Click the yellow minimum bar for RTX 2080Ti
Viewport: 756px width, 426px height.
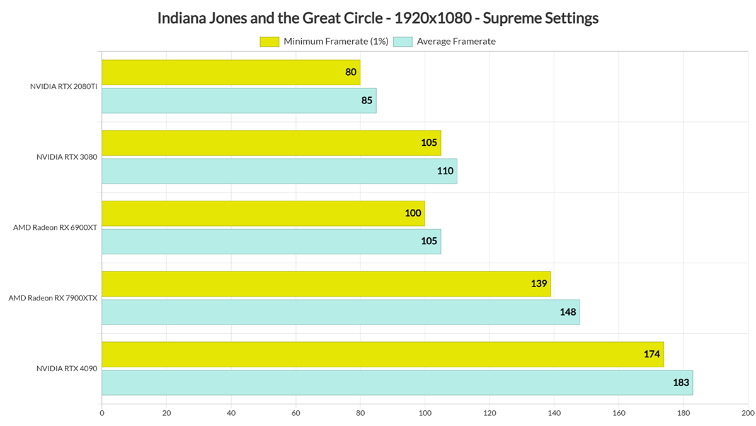coord(231,73)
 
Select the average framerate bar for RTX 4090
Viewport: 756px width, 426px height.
coord(397,382)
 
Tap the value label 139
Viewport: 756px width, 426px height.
coord(539,284)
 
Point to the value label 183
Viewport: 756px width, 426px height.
coord(681,382)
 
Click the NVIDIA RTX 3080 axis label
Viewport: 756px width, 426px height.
coord(67,157)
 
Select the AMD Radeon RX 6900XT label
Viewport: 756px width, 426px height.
coord(55,228)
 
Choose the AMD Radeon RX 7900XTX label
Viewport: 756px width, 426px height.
coord(52,298)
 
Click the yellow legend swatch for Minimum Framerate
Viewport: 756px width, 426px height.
coord(269,42)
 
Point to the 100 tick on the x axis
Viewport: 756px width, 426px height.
coord(425,414)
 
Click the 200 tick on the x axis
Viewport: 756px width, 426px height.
coord(748,414)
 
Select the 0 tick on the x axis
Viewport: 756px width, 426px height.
coord(102,414)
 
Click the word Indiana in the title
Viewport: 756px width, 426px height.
coord(180,18)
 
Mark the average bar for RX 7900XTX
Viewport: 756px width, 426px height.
coord(340,312)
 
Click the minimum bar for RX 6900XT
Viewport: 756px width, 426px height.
coord(263,213)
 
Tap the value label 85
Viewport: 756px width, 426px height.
coord(367,100)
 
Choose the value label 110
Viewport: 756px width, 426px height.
coord(446,171)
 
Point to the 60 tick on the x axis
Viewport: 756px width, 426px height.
coord(295,414)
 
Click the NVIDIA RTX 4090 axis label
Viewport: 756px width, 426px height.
coord(67,369)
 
